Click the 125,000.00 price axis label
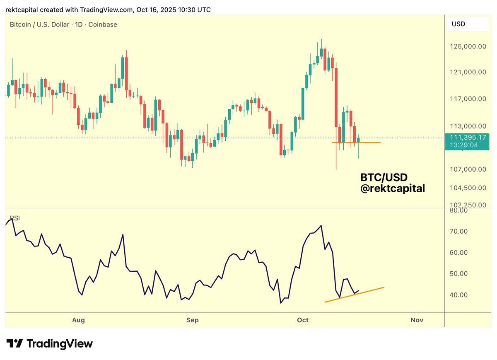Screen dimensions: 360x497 coord(468,46)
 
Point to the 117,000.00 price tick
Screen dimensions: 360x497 coord(468,99)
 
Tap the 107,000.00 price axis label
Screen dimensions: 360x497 coord(468,169)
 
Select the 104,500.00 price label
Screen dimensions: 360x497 coord(468,188)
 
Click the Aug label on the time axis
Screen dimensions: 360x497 coord(78,320)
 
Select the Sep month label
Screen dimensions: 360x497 coord(192,320)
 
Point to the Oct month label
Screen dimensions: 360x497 coord(303,320)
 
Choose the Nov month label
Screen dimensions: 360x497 coord(417,320)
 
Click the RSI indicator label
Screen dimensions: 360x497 coord(15,218)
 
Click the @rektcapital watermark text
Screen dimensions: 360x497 coord(393,188)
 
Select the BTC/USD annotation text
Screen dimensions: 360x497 coord(384,178)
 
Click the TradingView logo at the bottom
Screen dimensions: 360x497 coord(50,344)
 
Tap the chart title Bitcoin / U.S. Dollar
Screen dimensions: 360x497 coord(39,24)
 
